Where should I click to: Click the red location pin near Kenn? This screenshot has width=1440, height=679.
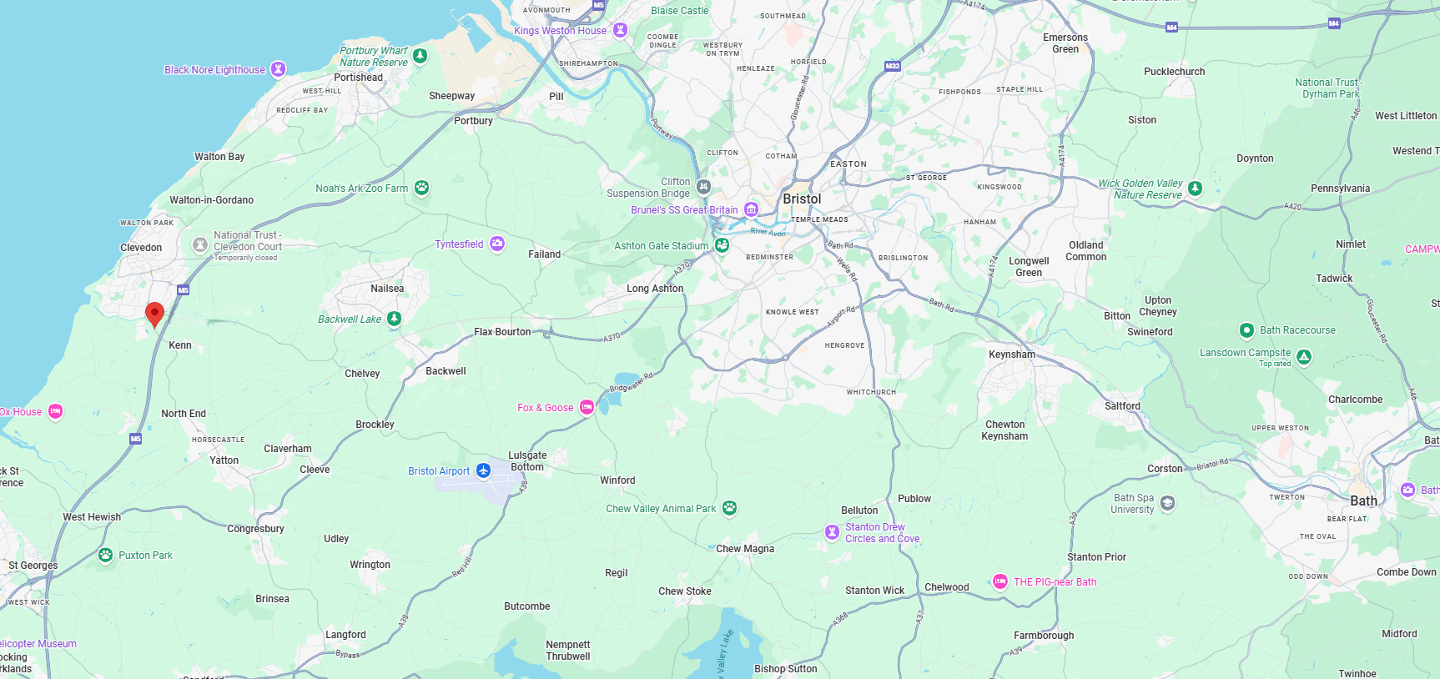coord(154,314)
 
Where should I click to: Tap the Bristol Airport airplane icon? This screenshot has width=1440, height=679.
coord(483,470)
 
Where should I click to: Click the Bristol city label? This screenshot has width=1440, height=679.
coord(802,199)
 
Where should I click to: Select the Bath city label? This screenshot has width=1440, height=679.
coord(1363,500)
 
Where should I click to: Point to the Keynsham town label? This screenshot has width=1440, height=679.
coord(1011,355)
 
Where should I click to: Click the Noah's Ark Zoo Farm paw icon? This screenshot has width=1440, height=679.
coord(422,188)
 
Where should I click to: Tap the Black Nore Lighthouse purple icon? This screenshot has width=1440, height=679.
coord(279,69)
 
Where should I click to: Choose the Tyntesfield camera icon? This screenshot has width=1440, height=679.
coord(497,244)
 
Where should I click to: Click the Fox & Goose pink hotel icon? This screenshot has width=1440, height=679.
coord(587,407)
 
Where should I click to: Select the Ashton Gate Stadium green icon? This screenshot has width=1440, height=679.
coord(722,245)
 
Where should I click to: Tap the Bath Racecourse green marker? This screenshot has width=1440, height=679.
coord(1246,330)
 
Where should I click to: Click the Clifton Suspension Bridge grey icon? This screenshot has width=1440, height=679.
coord(703,187)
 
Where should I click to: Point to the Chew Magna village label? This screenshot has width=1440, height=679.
coord(744,549)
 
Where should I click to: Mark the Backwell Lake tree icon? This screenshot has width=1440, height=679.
coord(395,319)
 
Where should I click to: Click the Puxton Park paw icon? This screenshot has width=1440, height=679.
coord(105,555)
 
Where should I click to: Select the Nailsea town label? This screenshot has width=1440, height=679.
coord(387,289)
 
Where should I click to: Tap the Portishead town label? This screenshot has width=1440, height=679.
coord(358,78)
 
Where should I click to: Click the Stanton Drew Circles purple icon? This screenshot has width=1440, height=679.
coord(832,532)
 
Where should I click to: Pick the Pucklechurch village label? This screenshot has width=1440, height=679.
coord(1174,72)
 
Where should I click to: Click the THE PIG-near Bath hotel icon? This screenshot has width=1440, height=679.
coord(999,581)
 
